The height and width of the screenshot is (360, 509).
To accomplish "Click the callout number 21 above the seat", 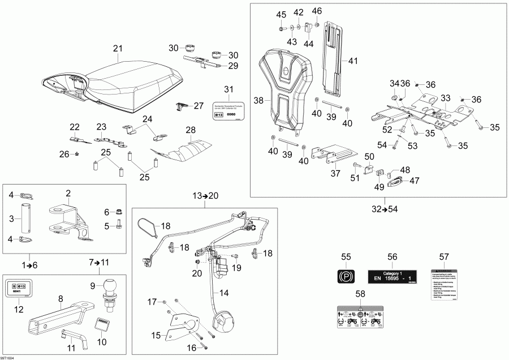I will pos(118,49).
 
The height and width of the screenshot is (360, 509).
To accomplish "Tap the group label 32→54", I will pos(385,209).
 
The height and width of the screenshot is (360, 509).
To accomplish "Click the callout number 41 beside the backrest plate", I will pos(353,61).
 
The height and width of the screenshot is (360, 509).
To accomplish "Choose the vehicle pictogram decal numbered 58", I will pos(360,319).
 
